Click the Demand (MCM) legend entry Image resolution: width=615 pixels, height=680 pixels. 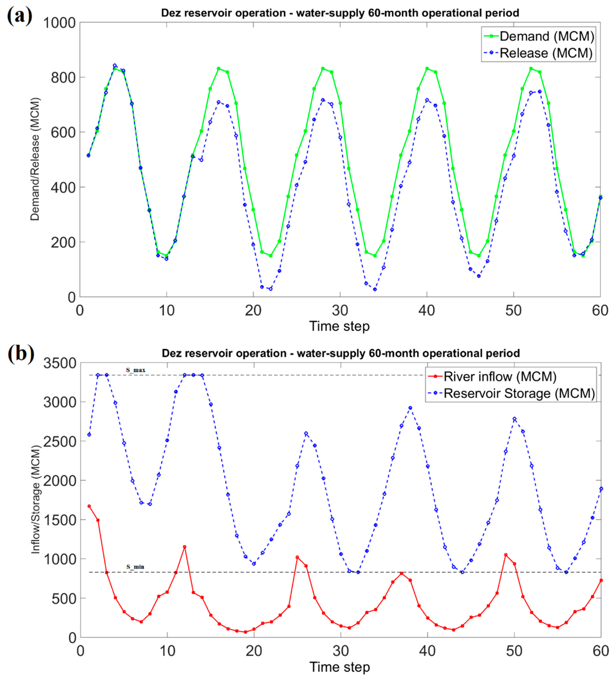tap(547, 36)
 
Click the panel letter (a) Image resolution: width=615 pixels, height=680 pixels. tap(20, 15)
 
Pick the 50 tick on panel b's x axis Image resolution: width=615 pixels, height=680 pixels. tap(514, 651)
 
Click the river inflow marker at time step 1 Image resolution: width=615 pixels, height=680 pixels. tap(89, 506)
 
